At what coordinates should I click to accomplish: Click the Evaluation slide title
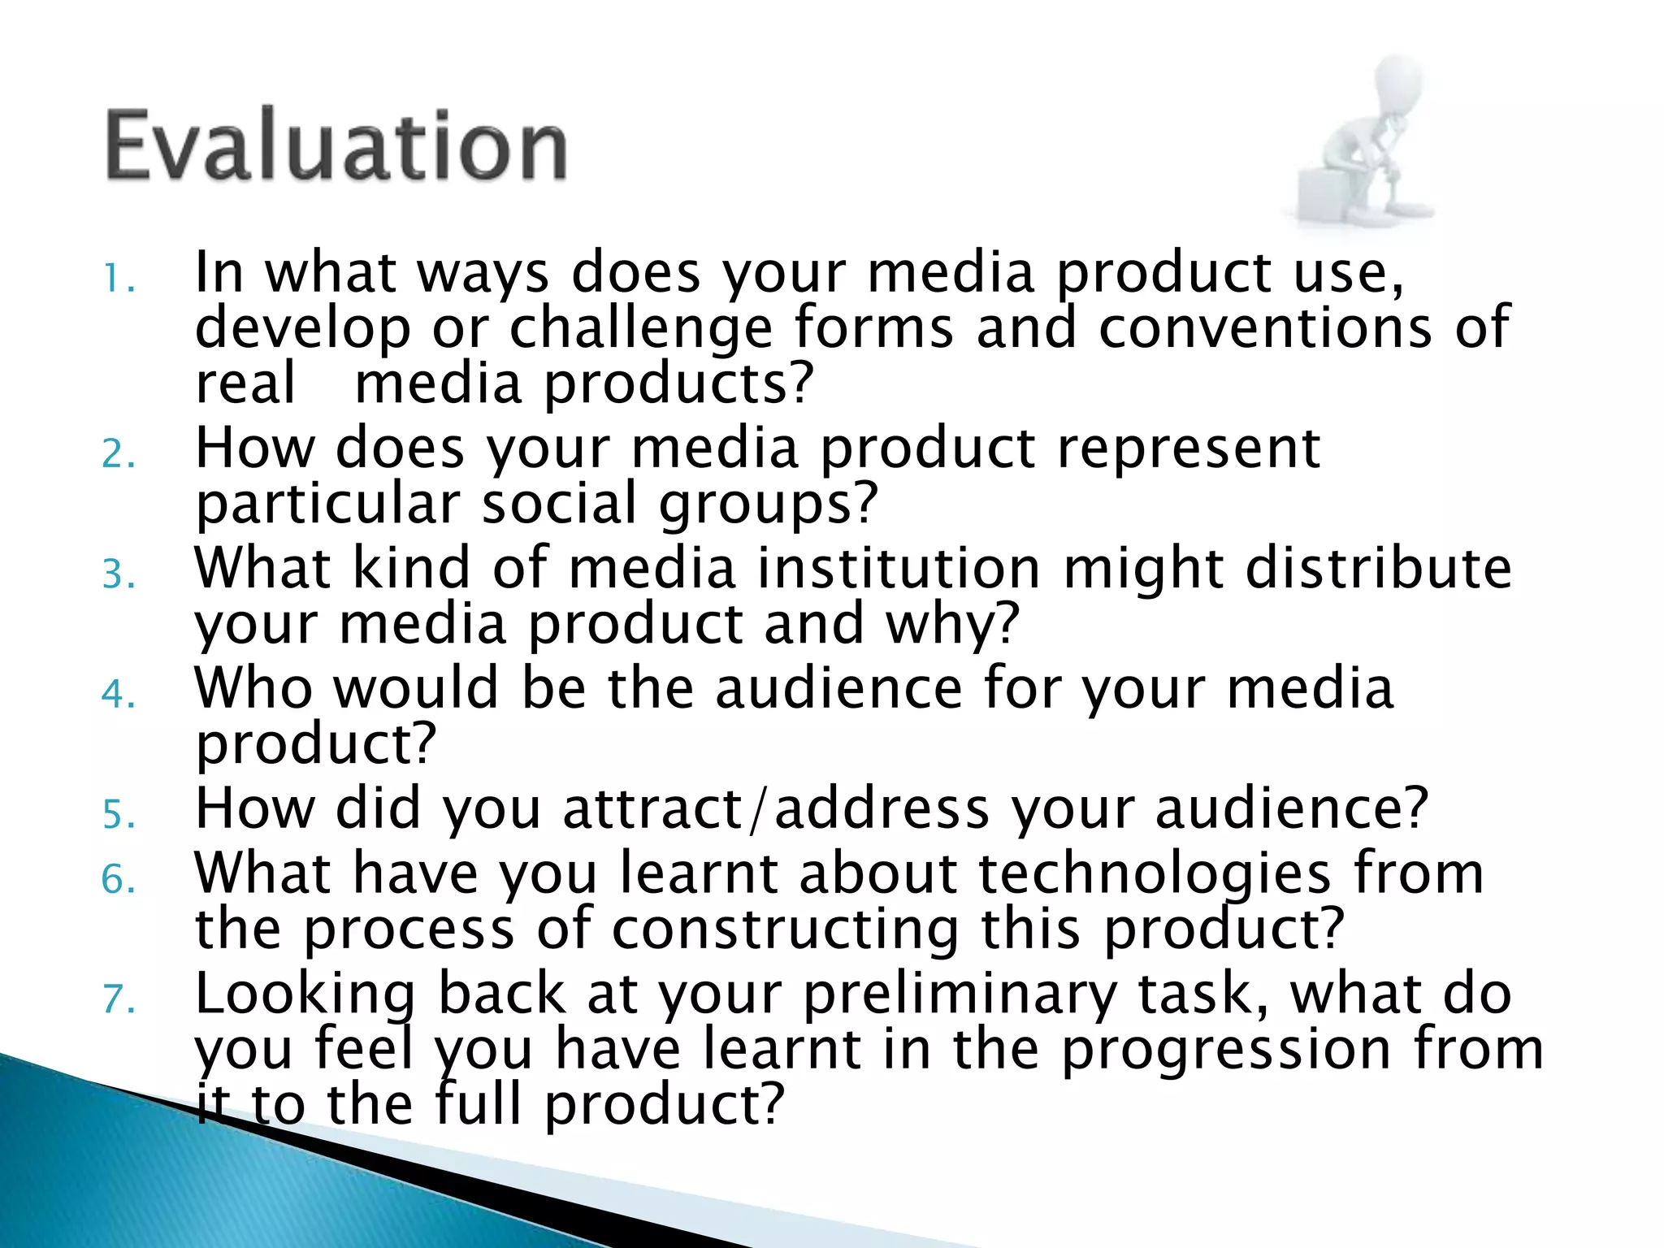336,146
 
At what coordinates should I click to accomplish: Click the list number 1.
118,279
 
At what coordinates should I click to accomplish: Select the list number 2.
118,454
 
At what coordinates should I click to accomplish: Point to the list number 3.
118,574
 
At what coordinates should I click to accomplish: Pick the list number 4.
118,695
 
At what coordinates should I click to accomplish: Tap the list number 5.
118,815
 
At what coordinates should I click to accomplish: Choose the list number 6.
118,880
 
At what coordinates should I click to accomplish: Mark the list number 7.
118,999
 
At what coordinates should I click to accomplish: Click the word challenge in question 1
640,329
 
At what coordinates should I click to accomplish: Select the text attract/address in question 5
775,809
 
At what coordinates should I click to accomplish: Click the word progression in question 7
1226,1050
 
